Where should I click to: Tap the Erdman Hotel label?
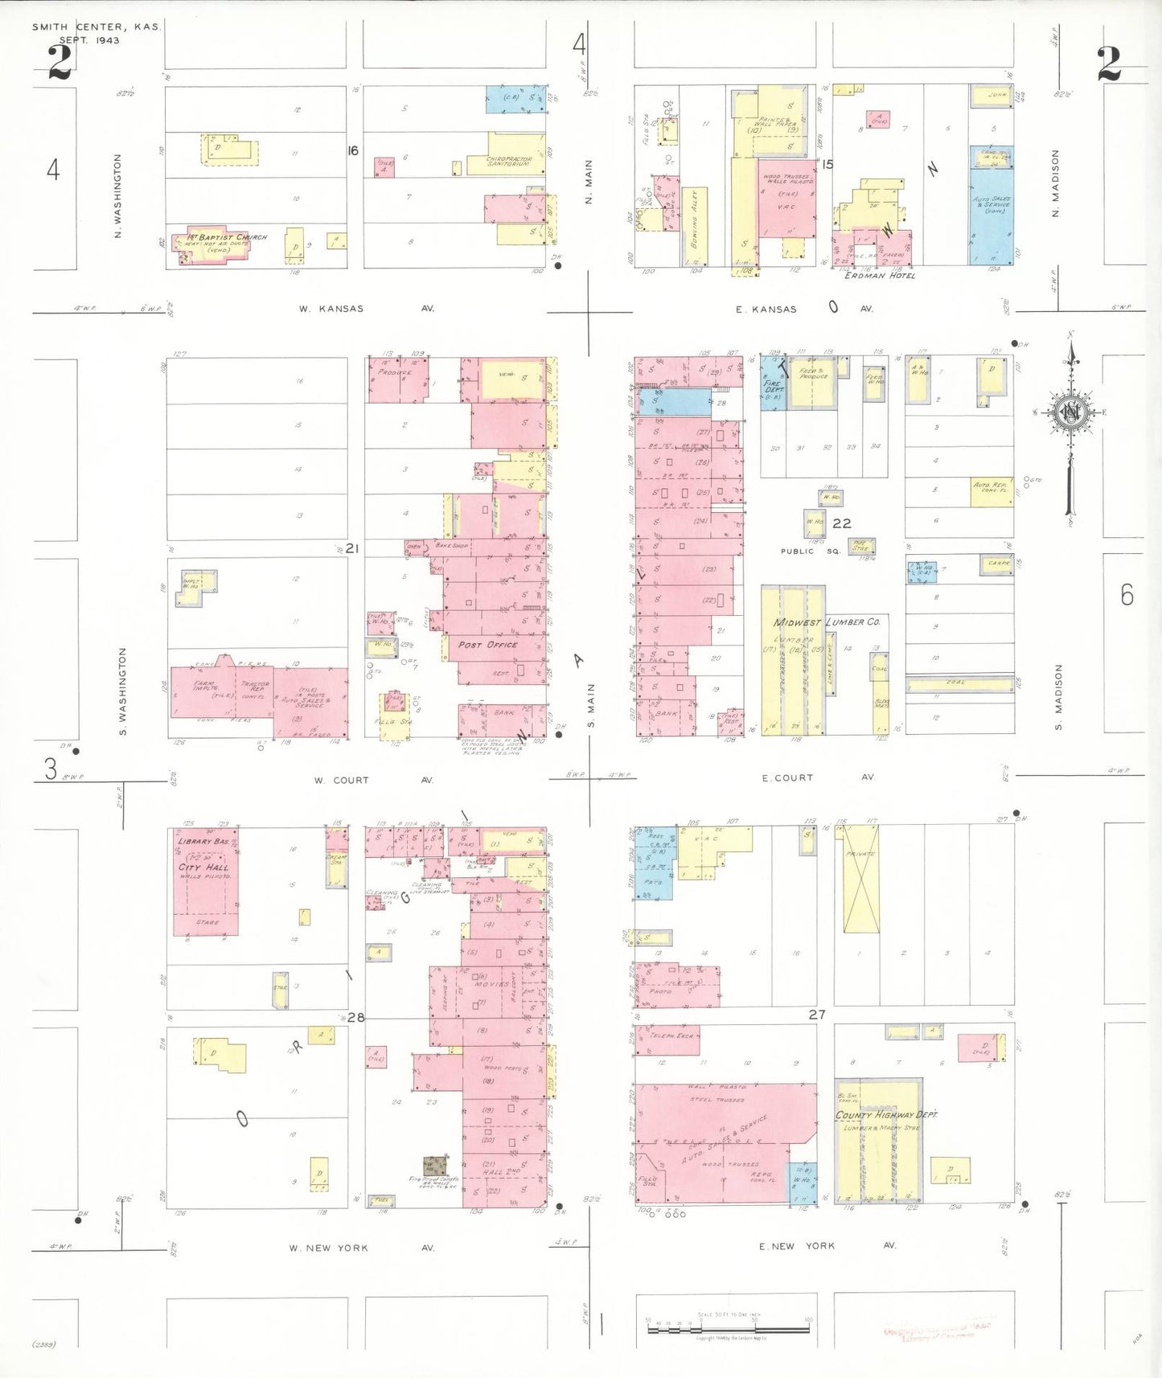pyautogui.click(x=879, y=276)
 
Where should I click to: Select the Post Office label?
pyautogui.click(x=487, y=645)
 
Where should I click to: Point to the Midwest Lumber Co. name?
pyautogui.click(x=826, y=622)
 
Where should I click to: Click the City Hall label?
pyautogui.click(x=203, y=867)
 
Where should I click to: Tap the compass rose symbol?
pyautogui.click(x=1070, y=413)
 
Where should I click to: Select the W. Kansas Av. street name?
pyautogui.click(x=366, y=309)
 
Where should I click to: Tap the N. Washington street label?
pyautogui.click(x=118, y=195)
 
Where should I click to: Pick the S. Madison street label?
pyautogui.click(x=1058, y=697)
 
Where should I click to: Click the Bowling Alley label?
pyautogui.click(x=694, y=217)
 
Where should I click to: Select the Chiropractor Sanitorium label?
pyautogui.click(x=509, y=162)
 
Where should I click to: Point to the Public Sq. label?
pyautogui.click(x=809, y=552)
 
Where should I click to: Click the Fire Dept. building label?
pyautogui.click(x=773, y=388)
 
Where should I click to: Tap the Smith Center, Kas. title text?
pyautogui.click(x=96, y=27)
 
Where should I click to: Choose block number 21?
pyautogui.click(x=351, y=548)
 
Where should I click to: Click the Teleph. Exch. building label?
pyautogui.click(x=671, y=1036)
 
